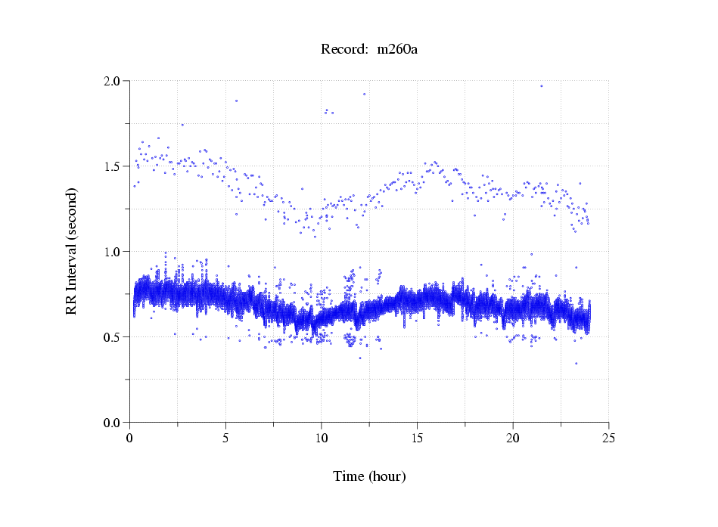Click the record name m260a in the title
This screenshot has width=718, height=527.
tap(398, 50)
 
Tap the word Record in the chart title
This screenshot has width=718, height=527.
tap(344, 50)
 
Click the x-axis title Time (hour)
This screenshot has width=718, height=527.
tap(369, 476)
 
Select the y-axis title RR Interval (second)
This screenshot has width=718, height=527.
tap(71, 251)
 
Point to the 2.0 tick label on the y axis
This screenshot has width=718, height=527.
tap(112, 81)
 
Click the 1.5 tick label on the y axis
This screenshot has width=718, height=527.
tap(112, 166)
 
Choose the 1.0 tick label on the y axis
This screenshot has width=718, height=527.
tap(112, 252)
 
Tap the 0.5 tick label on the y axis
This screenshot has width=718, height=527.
tap(112, 337)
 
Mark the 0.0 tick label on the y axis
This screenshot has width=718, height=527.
tap(112, 423)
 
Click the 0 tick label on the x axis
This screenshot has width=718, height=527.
tap(130, 438)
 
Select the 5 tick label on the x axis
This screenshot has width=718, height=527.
tap(225, 438)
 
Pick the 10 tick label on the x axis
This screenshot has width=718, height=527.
tap(322, 438)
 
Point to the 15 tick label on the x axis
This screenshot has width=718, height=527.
tap(418, 438)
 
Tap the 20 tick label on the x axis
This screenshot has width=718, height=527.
tap(513, 438)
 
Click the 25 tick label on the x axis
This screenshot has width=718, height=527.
tap(609, 438)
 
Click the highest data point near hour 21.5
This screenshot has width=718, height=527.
tap(542, 86)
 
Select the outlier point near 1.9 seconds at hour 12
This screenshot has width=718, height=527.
tap(364, 95)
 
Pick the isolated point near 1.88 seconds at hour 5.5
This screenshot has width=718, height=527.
tap(236, 101)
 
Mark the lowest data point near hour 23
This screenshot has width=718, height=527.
tap(576, 364)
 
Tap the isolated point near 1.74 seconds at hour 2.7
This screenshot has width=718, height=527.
tap(182, 125)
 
